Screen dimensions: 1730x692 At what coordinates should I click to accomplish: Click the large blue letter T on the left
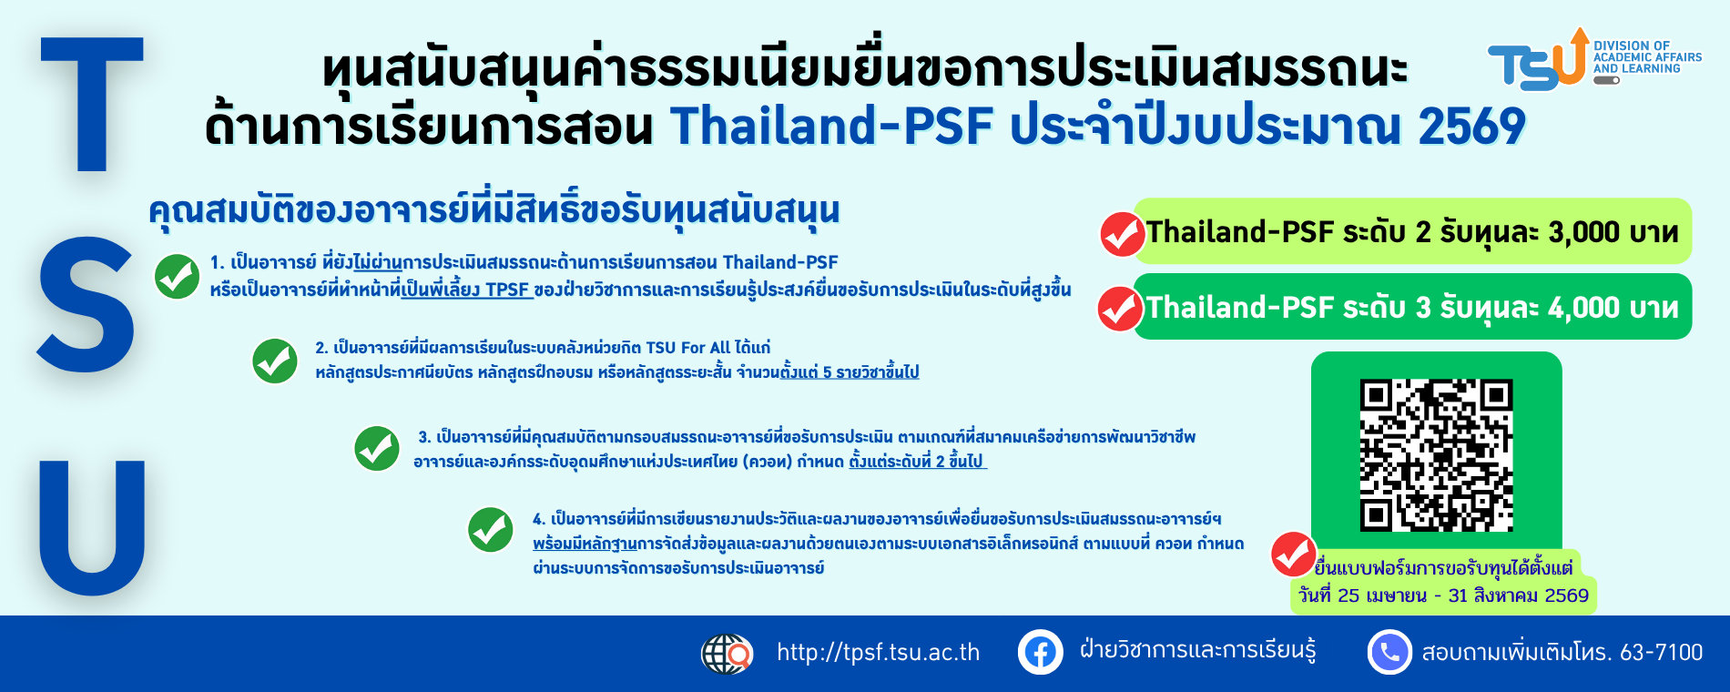tap(92, 103)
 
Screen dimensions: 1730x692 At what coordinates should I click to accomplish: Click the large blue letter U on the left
tap(92, 527)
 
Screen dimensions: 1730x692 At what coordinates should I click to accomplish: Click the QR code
tap(1436, 455)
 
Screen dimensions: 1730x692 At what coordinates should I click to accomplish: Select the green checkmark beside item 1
tap(177, 277)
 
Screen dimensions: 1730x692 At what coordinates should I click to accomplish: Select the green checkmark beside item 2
tap(274, 361)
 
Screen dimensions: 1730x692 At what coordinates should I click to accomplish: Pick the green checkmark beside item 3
tap(377, 448)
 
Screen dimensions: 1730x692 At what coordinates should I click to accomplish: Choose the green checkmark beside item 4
tap(490, 529)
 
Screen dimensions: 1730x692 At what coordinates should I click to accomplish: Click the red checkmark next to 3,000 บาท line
tap(1122, 234)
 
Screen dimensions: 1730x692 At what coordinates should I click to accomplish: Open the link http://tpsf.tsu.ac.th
tap(878, 652)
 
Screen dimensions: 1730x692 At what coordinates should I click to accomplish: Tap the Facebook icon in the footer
tap(1041, 652)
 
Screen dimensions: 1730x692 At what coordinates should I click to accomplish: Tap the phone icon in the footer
tap(1390, 652)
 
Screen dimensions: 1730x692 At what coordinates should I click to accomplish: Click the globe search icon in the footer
tap(727, 654)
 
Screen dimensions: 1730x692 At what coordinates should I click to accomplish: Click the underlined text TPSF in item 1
tap(507, 290)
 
